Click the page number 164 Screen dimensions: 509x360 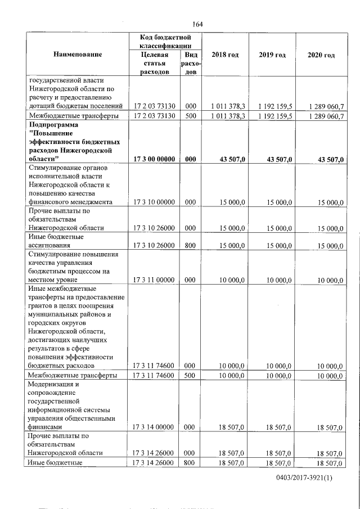coord(197,24)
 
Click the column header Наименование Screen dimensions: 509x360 coord(78,55)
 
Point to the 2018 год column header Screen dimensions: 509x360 coord(225,55)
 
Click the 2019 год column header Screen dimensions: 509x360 coord(272,55)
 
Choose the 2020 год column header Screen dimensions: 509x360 coord(321,55)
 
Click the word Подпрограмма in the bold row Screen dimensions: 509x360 coord(55,125)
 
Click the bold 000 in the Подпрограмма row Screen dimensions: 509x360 coord(190,160)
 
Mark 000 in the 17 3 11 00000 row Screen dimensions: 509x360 coord(190,280)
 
